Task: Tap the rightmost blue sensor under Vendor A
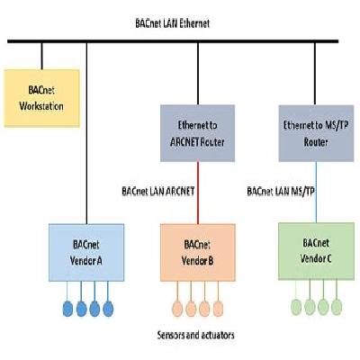click(x=109, y=308)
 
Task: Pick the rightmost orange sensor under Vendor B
click(x=218, y=307)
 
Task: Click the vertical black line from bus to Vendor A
click(x=86, y=135)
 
